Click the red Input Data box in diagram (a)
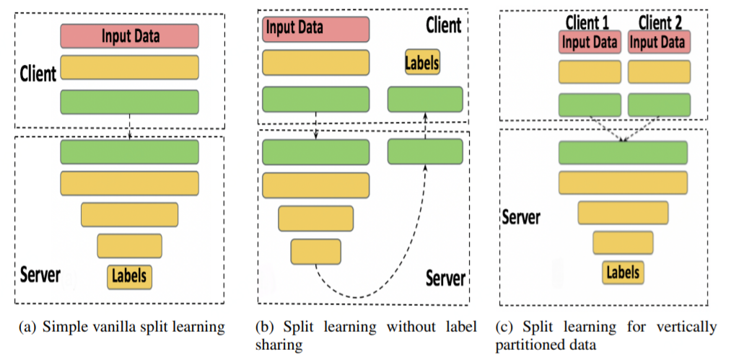[x=129, y=35]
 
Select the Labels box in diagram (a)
[x=130, y=275]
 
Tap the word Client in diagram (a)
[x=37, y=74]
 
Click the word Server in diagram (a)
[x=40, y=274]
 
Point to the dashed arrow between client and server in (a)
[x=129, y=126]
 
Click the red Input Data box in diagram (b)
[x=315, y=28]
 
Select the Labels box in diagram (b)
[x=422, y=62]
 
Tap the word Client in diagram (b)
[x=443, y=26]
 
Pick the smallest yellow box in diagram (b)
[x=315, y=251]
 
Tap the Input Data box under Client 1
[x=590, y=42]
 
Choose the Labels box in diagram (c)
[x=623, y=272]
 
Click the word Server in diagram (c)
[x=521, y=216]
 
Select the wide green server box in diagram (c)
[x=623, y=152]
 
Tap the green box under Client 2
[x=658, y=105]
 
